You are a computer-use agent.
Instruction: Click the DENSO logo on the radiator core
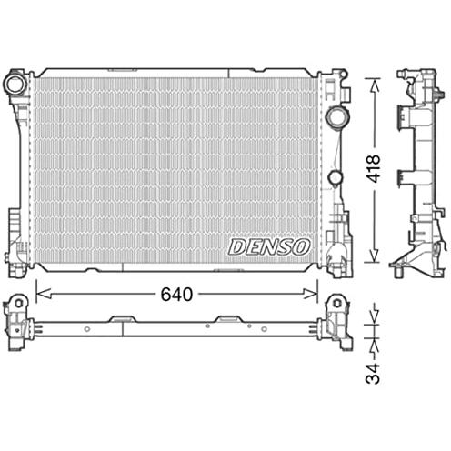pyautogui.click(x=269, y=246)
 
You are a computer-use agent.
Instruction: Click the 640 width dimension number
pyautogui.click(x=176, y=295)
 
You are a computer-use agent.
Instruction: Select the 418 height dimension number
pyautogui.click(x=373, y=168)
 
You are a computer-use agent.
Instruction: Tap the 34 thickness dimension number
pyautogui.click(x=373, y=374)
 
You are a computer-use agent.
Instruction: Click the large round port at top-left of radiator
pyautogui.click(x=15, y=84)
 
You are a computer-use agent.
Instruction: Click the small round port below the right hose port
pyautogui.click(x=336, y=177)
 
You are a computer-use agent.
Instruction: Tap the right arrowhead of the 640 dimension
pyautogui.click(x=311, y=294)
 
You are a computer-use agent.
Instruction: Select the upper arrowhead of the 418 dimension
pyautogui.click(x=375, y=85)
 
